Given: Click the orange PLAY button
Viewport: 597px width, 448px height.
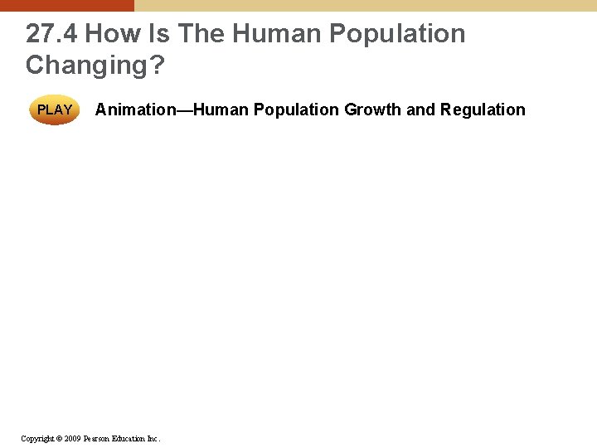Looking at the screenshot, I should (55, 110).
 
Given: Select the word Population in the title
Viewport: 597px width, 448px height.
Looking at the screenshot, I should (397, 34).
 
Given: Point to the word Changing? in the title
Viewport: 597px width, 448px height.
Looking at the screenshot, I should (95, 65).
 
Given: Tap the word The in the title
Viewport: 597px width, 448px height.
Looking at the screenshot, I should (201, 34).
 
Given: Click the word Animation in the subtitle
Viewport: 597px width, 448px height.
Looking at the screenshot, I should (132, 110).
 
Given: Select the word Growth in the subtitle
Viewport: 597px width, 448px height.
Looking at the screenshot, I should (372, 110).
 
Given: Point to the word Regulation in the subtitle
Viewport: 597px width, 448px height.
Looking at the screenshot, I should (483, 110).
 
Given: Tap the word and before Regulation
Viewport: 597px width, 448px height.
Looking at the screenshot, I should (421, 110).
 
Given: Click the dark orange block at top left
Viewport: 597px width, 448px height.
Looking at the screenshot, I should (66, 5).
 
